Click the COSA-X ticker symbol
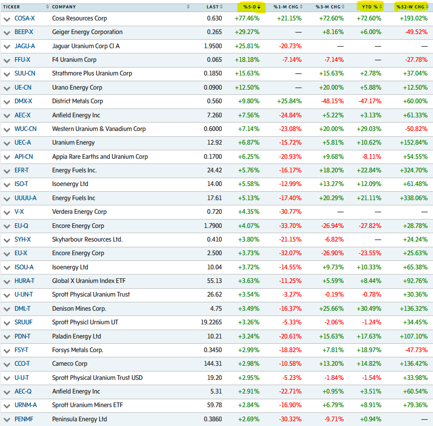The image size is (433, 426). point(24,18)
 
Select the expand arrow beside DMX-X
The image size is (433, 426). point(7,102)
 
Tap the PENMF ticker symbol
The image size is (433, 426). point(24,419)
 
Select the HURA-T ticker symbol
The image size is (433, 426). point(25,281)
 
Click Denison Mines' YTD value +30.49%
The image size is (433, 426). point(369,309)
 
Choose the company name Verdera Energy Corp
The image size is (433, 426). point(79,212)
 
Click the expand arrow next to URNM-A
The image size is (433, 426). point(7,406)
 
